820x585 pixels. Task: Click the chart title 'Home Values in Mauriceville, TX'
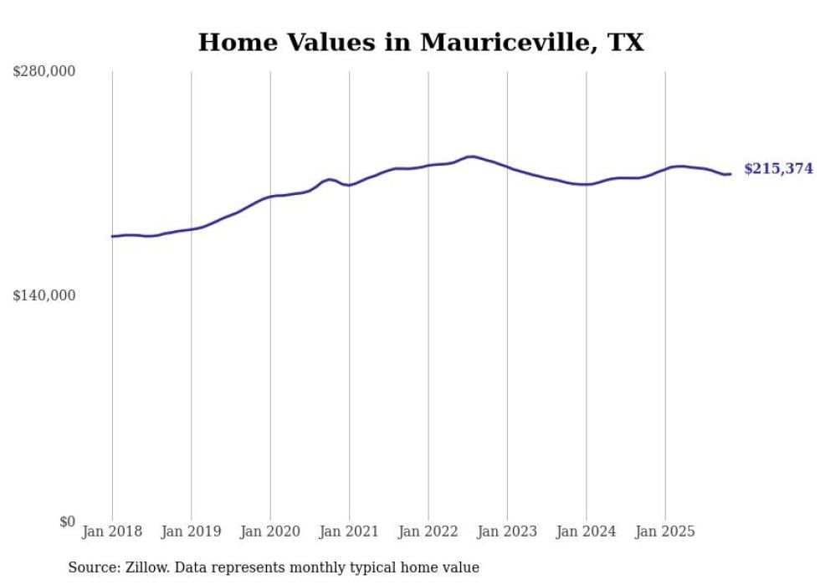421,43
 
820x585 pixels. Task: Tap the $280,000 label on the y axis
44,72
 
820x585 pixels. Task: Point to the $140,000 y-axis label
44,295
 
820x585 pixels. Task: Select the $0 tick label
67,521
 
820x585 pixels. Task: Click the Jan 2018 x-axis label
112,531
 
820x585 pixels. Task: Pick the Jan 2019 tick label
191,531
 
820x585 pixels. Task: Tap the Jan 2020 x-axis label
270,531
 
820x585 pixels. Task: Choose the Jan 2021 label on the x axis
349,531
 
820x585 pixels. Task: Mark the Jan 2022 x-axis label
428,531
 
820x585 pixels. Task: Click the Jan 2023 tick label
507,531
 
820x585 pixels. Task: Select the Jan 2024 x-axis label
587,531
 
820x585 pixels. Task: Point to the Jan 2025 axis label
665,531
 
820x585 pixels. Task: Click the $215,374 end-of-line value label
778,169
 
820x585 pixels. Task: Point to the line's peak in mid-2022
471,157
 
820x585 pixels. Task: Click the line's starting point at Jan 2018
112,236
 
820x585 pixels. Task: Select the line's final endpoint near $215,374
730,174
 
